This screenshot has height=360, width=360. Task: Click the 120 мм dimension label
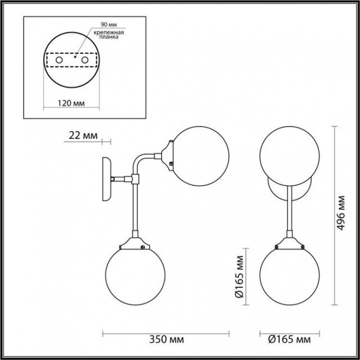(71, 103)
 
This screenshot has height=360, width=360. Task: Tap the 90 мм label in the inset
(109, 24)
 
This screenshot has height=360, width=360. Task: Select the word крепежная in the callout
(109, 32)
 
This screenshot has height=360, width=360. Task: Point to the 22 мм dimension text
(83, 135)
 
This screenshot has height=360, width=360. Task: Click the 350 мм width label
(167, 339)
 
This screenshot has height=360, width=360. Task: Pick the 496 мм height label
(341, 212)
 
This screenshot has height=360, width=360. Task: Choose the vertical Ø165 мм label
(239, 277)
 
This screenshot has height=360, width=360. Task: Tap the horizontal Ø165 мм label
(290, 339)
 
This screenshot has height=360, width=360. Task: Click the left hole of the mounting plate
(59, 60)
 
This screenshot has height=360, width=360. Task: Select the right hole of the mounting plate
(85, 60)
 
